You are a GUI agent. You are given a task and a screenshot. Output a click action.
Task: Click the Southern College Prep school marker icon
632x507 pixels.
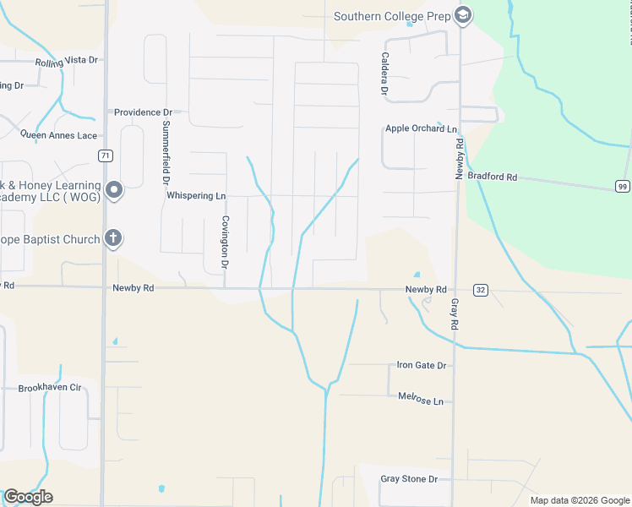pos(462,15)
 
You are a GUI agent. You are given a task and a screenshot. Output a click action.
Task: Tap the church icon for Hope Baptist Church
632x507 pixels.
pos(113,239)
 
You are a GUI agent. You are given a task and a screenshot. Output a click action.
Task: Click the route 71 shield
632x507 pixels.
pos(105,155)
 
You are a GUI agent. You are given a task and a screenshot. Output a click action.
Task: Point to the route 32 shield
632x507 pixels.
pos(481,290)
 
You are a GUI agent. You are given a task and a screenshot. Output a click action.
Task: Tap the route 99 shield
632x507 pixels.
pos(622,186)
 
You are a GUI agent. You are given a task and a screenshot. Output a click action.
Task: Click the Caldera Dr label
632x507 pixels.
pos(384,73)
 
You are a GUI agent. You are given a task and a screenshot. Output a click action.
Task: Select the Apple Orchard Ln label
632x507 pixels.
pos(421,128)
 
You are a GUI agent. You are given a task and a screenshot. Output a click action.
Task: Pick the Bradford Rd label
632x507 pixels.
pos(492,177)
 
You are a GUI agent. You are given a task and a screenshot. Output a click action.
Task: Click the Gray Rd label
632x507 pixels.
pos(455,313)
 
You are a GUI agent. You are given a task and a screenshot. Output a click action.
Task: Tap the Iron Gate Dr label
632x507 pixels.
pos(421,365)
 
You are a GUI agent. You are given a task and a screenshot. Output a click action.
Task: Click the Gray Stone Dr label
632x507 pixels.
pos(409,478)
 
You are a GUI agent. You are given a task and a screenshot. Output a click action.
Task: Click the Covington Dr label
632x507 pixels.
pos(226,242)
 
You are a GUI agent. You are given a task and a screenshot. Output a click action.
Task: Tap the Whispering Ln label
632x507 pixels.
pos(196,195)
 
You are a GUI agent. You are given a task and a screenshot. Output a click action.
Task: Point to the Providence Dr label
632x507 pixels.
pos(143,112)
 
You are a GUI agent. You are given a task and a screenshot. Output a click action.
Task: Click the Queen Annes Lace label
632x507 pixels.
pos(58,135)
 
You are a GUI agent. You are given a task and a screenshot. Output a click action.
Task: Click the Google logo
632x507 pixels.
pos(28,497)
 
